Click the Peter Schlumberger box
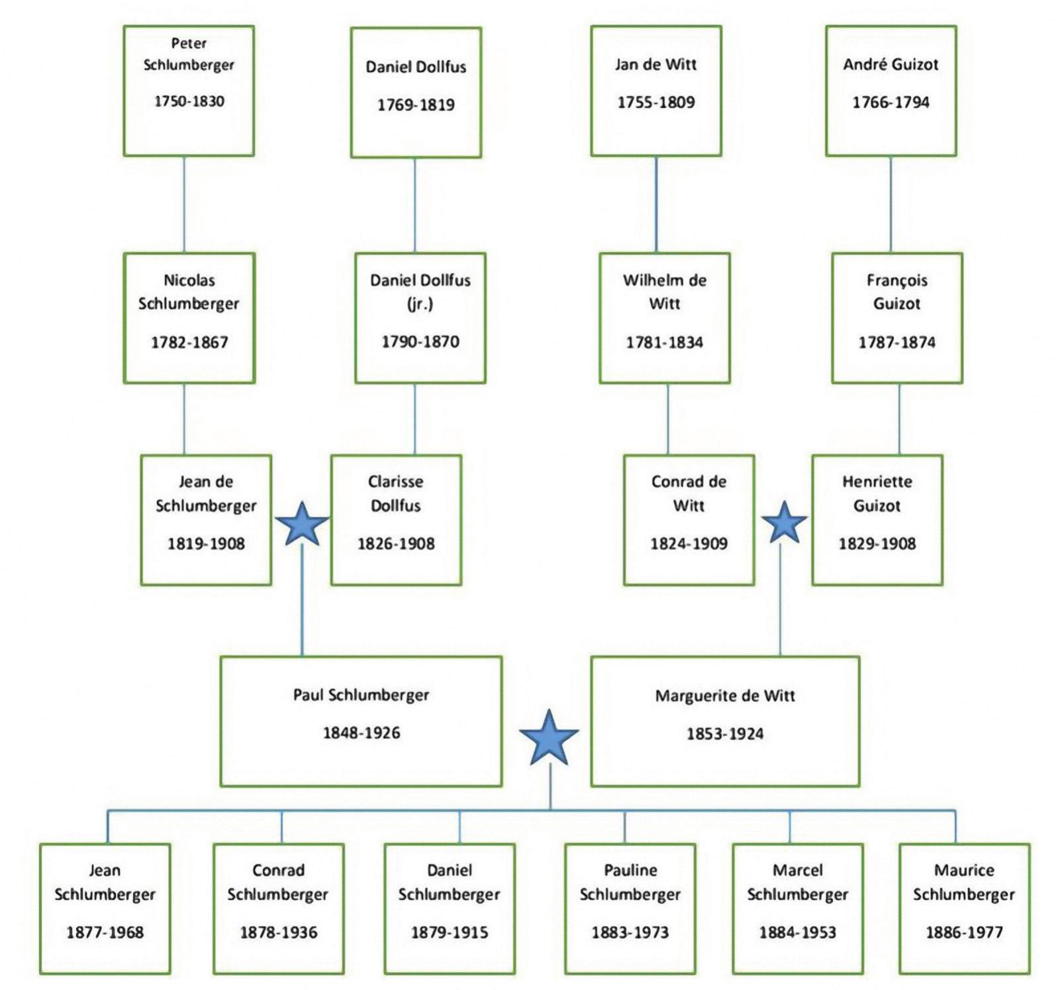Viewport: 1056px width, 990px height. [x=189, y=91]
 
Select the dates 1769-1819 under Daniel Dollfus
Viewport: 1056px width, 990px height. [x=416, y=105]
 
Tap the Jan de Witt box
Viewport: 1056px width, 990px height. [x=655, y=91]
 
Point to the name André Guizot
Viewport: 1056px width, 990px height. [x=890, y=64]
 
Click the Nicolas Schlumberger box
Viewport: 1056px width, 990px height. [x=189, y=318]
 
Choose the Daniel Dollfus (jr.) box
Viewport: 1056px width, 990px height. [x=420, y=318]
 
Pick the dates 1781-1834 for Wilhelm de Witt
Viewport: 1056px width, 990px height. [x=664, y=342]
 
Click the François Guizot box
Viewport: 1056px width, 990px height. [x=896, y=318]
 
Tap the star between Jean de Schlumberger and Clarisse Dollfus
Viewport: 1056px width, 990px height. [x=302, y=524]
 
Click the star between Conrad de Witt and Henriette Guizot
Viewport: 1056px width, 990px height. [x=784, y=523]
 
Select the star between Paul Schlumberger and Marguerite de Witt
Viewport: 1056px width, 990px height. [x=549, y=739]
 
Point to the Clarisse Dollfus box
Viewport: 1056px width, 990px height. [x=396, y=519]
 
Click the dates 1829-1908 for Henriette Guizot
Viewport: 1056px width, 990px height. [x=877, y=543]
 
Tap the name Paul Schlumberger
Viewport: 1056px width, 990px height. [x=361, y=695]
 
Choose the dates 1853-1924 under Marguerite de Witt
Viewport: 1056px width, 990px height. [x=724, y=733]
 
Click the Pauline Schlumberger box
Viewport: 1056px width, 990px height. [x=630, y=908]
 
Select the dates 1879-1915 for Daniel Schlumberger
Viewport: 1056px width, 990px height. [x=449, y=932]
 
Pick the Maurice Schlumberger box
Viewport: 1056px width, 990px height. [x=963, y=908]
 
